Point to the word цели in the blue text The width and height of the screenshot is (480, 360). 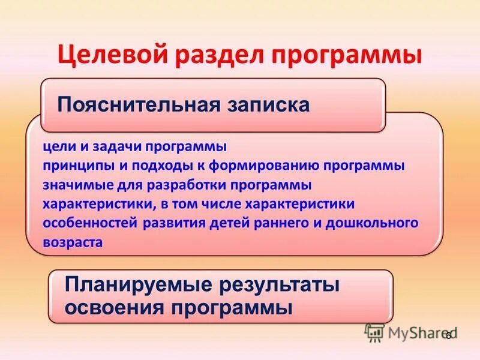pyautogui.click(x=55, y=147)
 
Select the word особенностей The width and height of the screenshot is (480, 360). pyautogui.click(x=91, y=223)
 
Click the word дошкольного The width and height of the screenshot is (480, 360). pyautogui.click(x=378, y=223)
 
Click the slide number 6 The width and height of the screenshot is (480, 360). pyautogui.click(x=448, y=337)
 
